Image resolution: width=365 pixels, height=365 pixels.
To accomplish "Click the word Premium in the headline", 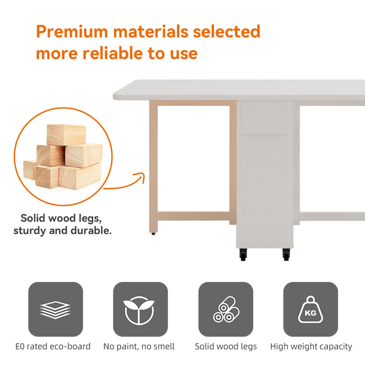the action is pyautogui.click(x=72, y=31).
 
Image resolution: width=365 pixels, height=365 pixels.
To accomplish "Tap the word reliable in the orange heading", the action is pyautogui.click(x=113, y=53).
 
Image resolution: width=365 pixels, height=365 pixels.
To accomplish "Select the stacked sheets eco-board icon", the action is pyautogui.click(x=55, y=309).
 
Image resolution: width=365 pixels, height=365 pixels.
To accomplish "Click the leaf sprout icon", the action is pyautogui.click(x=139, y=310).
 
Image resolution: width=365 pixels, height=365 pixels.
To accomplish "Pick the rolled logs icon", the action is pyautogui.click(x=226, y=309).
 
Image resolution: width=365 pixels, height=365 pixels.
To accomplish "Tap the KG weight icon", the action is pyautogui.click(x=311, y=309).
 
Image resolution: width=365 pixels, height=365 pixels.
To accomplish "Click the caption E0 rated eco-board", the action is pyautogui.click(x=53, y=346).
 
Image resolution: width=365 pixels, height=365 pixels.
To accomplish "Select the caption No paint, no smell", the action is pyautogui.click(x=139, y=347).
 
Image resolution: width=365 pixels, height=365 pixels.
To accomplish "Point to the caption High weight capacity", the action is pyautogui.click(x=311, y=347).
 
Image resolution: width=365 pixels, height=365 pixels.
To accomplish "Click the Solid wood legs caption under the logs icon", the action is pyautogui.click(x=226, y=347).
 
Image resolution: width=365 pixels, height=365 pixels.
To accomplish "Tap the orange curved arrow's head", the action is pyautogui.click(x=141, y=176).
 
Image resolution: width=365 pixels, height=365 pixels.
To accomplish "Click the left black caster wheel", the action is pyautogui.click(x=243, y=254).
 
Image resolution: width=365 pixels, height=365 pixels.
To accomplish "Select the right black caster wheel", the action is pyautogui.click(x=286, y=254).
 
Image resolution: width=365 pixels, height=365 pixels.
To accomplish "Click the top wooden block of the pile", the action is pyautogui.click(x=66, y=135).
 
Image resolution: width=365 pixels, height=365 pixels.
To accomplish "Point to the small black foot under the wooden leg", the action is pyautogui.click(x=153, y=234).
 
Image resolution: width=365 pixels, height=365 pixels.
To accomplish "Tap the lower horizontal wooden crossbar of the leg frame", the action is pyautogui.click(x=194, y=216).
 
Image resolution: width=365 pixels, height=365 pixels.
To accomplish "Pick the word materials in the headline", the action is pyautogui.click(x=151, y=31).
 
